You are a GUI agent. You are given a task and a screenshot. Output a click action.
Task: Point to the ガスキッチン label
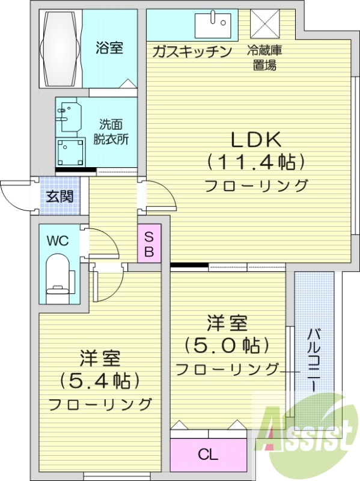coord(192,52)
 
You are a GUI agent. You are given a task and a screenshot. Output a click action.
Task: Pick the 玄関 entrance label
coord(59,196)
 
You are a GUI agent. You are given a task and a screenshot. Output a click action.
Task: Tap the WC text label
coord(58,241)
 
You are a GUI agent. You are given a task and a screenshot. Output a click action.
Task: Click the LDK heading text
coord(257,140)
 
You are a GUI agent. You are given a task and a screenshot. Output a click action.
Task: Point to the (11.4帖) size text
coord(257,162)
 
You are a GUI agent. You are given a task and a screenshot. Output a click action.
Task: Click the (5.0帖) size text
coord(227,346)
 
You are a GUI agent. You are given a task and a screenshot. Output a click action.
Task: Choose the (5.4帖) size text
coord(100,381)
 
